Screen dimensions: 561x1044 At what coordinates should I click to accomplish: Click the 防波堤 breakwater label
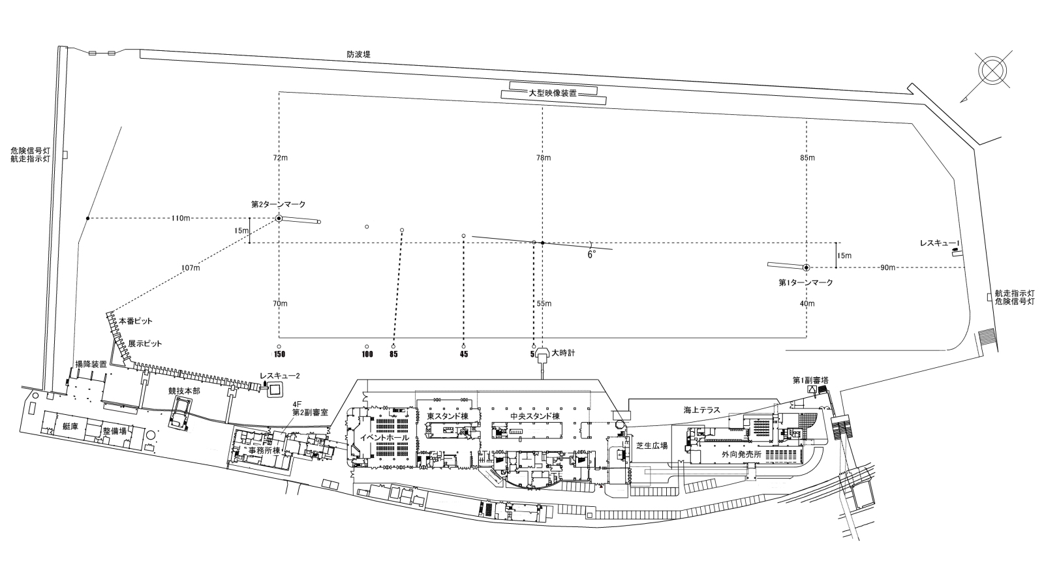[358, 55]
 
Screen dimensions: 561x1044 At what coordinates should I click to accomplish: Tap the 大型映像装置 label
[553, 93]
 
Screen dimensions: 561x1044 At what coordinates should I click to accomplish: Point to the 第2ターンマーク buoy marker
[279, 218]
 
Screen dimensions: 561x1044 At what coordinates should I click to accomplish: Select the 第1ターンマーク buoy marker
[806, 267]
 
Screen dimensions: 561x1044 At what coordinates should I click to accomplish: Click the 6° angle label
[591, 255]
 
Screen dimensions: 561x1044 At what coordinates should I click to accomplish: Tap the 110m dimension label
[180, 218]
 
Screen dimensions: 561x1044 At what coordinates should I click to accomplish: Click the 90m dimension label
[887, 267]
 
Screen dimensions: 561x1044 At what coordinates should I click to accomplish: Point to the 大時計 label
[563, 353]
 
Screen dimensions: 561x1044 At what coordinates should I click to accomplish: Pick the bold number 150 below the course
[279, 355]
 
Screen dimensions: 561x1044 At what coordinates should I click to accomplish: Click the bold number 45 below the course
[463, 355]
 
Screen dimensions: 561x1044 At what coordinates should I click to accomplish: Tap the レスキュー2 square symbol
[275, 389]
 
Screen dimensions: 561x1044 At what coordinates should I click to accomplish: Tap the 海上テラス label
[701, 410]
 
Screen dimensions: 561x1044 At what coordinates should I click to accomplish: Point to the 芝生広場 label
[652, 446]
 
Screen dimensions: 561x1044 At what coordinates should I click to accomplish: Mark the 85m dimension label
[807, 158]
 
